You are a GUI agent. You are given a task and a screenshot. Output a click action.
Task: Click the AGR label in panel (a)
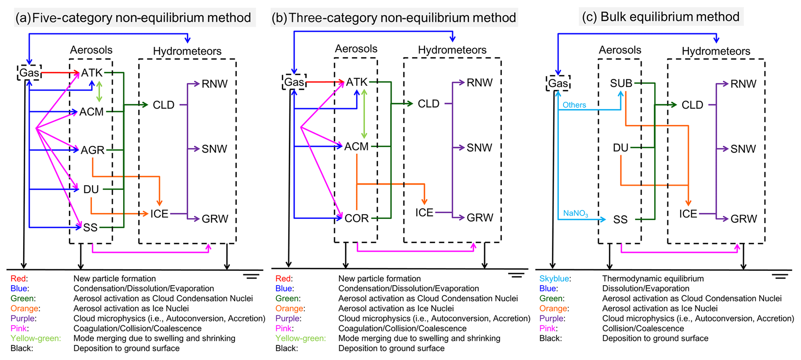[93, 150]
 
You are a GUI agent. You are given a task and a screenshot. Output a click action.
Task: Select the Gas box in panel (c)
[558, 83]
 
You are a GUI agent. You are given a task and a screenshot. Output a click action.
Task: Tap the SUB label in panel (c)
[621, 83]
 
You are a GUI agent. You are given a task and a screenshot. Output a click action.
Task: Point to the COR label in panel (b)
[357, 218]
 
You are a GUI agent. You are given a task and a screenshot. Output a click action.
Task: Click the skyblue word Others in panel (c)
[574, 105]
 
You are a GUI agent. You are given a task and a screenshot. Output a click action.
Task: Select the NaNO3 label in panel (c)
[575, 213]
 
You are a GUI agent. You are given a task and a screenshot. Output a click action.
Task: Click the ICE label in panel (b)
[424, 213]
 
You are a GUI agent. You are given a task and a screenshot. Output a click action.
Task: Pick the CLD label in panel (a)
[164, 105]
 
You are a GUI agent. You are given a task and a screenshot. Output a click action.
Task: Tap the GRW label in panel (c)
[743, 219]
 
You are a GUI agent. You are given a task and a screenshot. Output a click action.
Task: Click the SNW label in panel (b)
[479, 148]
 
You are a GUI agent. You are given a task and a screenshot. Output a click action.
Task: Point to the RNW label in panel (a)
[214, 84]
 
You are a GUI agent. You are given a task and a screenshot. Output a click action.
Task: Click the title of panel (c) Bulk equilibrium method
[661, 17]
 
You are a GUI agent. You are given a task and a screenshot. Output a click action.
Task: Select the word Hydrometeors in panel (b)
[452, 50]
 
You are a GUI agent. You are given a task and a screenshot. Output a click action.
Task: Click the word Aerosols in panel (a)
[91, 50]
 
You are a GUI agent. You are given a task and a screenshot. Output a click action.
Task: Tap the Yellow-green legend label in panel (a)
[36, 338]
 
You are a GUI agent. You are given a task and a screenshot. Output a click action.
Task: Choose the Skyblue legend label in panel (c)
[555, 279]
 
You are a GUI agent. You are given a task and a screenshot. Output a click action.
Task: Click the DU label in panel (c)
[620, 148]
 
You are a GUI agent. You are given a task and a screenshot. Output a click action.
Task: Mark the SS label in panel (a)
[90, 227]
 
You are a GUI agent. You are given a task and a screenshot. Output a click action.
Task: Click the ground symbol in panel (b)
[516, 275]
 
